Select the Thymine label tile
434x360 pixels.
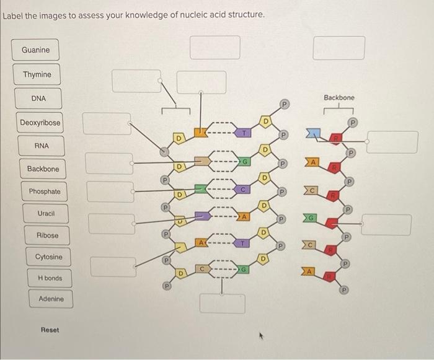[x=37, y=75]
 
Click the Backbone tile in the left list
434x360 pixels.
[x=43, y=169]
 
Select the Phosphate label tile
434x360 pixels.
[x=45, y=191]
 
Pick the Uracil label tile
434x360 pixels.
[x=46, y=213]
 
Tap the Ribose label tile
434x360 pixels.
[x=48, y=235]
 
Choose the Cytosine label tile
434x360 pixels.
[x=49, y=257]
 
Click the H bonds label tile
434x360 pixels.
[x=50, y=278]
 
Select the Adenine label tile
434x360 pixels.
[x=51, y=299]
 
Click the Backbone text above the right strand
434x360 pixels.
[x=339, y=98]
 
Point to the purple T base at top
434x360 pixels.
[x=245, y=132]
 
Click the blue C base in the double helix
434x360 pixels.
[x=244, y=189]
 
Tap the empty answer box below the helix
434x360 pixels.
[x=222, y=303]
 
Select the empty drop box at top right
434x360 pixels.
[x=339, y=48]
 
